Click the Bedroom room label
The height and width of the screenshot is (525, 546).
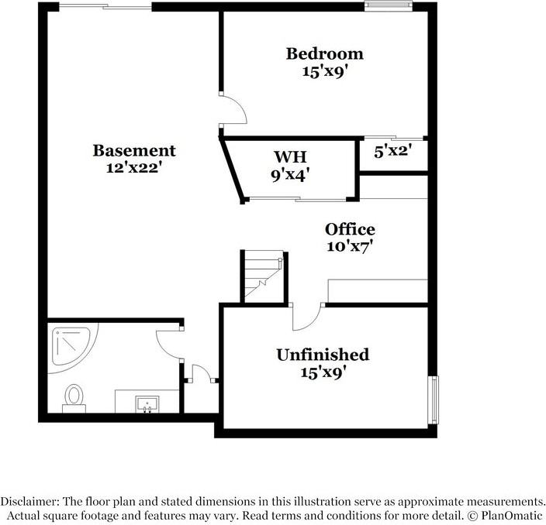coord(324,54)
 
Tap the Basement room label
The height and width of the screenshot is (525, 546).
coord(134,150)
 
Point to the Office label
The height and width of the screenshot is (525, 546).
coord(350,229)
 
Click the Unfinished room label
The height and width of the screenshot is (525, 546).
coord(323,355)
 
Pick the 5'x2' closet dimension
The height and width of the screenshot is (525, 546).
coord(391,153)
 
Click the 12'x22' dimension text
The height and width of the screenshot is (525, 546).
coord(134,166)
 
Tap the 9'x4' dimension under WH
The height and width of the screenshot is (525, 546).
coord(290,174)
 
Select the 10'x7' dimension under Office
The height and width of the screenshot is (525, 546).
coord(351,246)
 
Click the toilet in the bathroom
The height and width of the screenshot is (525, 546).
coord(74,396)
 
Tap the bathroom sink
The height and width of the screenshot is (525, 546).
coord(147,403)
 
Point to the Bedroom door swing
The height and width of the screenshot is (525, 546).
coord(233,108)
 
